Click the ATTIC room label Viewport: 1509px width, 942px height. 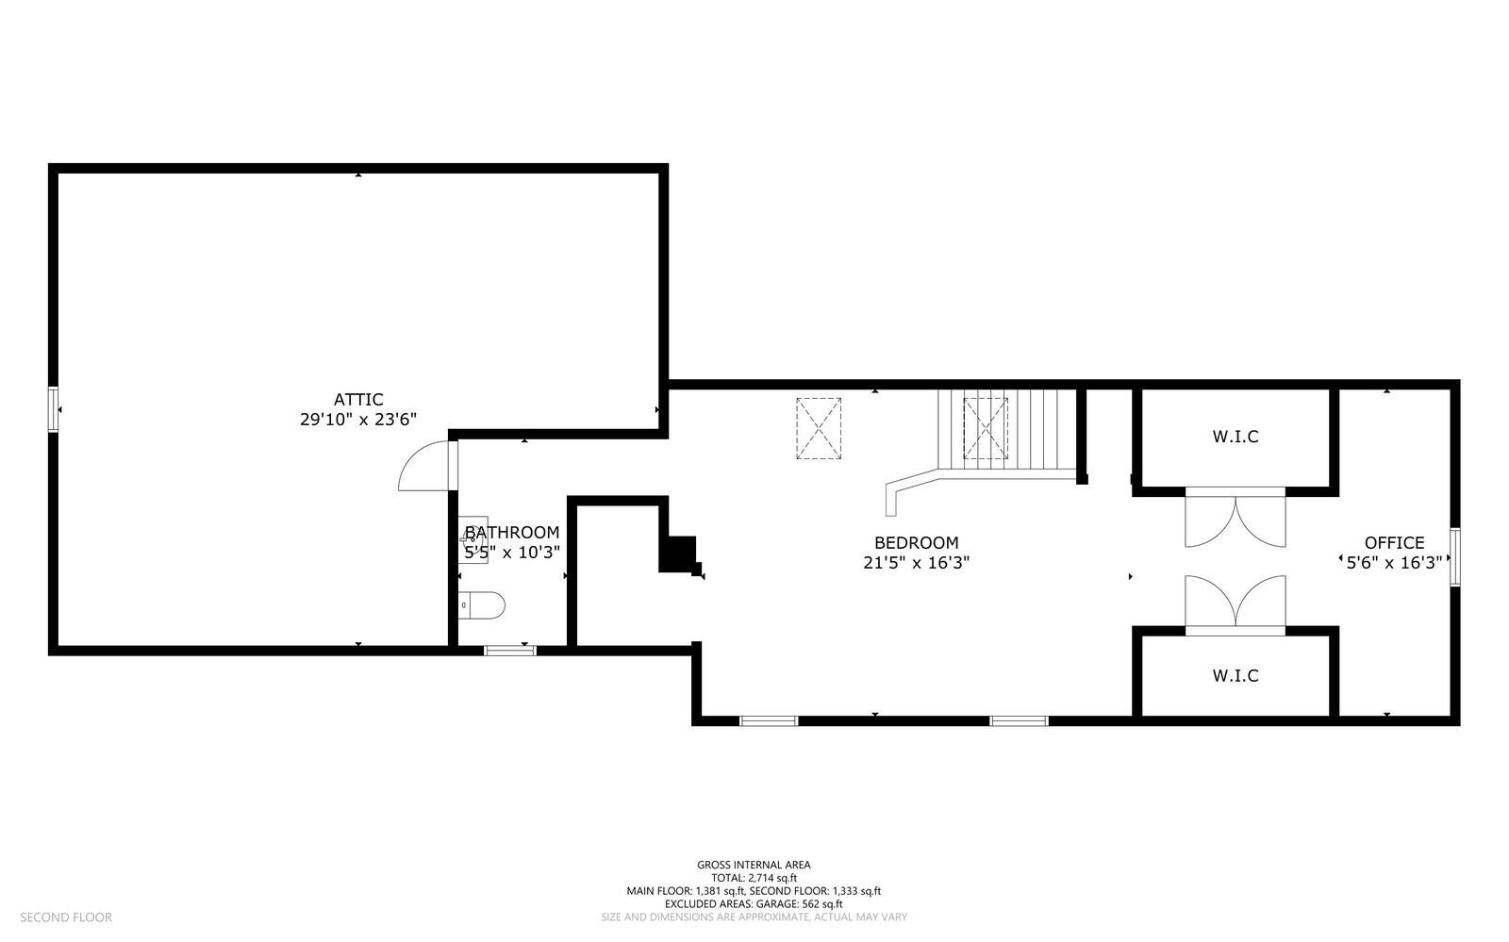357,400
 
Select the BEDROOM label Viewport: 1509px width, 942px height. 916,542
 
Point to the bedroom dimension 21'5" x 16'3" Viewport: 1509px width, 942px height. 916,563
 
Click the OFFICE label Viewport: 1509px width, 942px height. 1394,542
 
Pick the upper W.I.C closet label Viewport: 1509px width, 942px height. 1235,437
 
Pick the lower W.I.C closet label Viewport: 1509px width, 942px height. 1235,675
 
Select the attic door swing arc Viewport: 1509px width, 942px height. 422,468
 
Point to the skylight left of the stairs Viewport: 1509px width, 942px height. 818,428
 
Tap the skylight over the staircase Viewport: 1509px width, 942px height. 985,428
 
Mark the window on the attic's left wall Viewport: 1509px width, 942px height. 54,409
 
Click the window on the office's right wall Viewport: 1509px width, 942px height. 1455,557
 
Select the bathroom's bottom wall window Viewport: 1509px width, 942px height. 510,650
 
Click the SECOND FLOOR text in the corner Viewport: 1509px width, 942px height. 66,917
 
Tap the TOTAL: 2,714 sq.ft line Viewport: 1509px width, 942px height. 753,877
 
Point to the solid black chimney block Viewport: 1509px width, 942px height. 679,554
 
